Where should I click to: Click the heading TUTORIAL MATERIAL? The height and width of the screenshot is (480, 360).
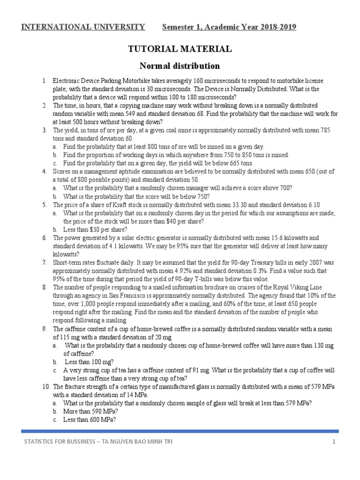click(x=180, y=49)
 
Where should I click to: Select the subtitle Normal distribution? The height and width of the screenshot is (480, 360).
click(x=180, y=65)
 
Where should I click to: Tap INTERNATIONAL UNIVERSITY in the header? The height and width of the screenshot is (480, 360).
click(x=83, y=27)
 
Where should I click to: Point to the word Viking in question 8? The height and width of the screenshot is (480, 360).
click(x=287, y=287)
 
